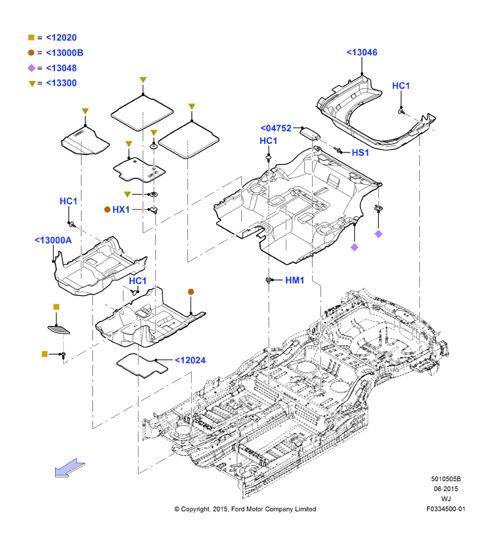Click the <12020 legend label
point(61,37)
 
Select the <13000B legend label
point(64,53)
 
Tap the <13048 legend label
point(61,68)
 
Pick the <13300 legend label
point(61,83)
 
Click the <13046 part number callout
point(362,53)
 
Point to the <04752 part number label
point(276,128)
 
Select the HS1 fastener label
point(361,152)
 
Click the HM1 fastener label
point(294,280)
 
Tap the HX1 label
point(121,210)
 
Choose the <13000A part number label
point(53,241)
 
